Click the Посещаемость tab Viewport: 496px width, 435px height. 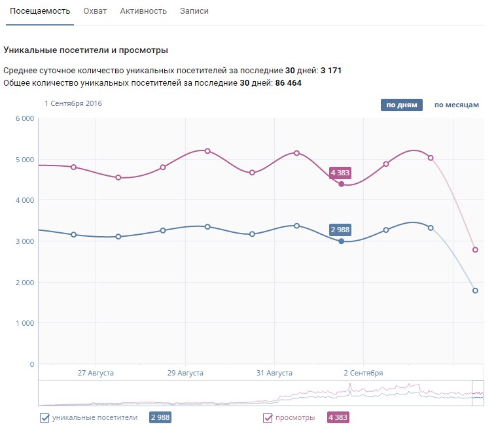click(x=40, y=11)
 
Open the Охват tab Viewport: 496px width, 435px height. click(x=95, y=11)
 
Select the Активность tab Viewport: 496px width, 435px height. click(x=143, y=11)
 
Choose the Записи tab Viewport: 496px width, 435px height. click(x=194, y=11)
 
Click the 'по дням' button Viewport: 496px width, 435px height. click(x=402, y=105)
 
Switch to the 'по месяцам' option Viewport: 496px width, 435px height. click(x=457, y=105)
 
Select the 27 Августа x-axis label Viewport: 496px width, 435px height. click(x=96, y=373)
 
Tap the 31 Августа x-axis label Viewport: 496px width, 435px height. click(x=274, y=373)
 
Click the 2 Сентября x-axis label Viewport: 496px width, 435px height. click(x=363, y=373)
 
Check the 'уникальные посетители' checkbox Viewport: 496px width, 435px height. click(x=45, y=418)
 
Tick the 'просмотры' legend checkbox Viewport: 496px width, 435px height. click(x=268, y=418)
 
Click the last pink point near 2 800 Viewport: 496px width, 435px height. click(x=475, y=250)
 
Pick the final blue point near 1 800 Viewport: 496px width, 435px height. click(x=475, y=290)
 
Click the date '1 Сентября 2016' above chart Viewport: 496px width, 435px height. click(x=73, y=103)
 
